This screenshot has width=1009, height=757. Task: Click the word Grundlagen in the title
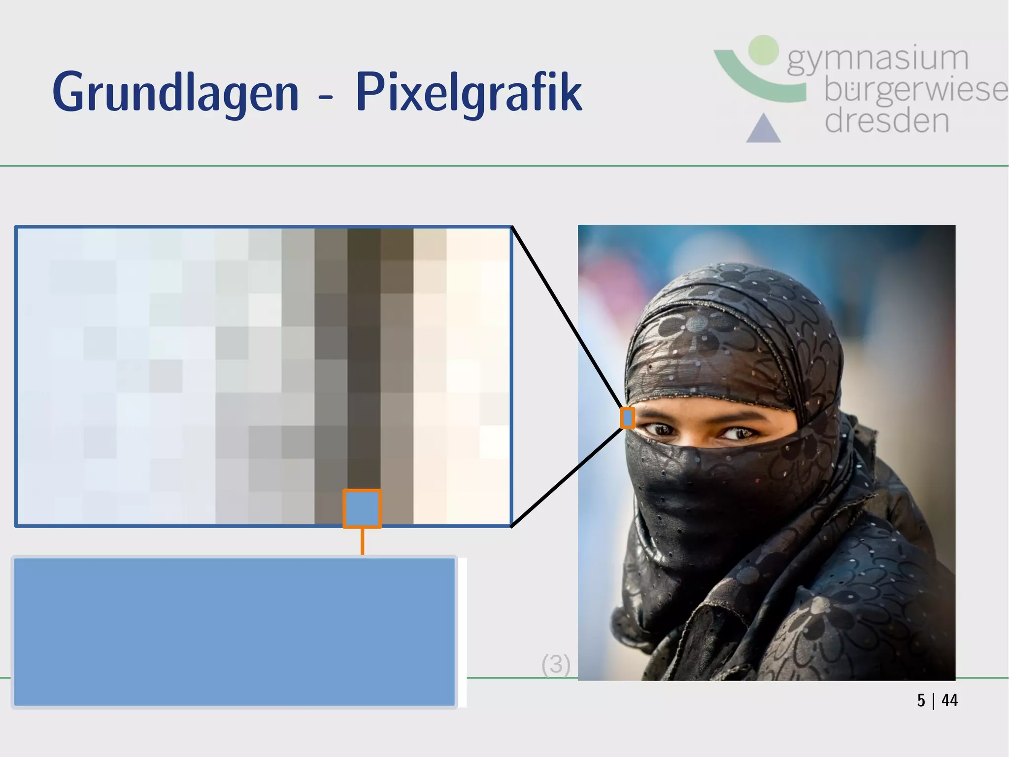pos(175,93)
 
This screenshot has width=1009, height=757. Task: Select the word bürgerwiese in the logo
pos(915,90)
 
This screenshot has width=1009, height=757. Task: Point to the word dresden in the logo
pos(887,121)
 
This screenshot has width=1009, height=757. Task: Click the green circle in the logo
pos(763,50)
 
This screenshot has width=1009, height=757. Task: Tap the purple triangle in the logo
pos(763,129)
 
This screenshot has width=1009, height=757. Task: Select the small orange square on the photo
pos(627,418)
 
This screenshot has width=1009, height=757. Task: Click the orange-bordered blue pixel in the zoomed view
pos(362,508)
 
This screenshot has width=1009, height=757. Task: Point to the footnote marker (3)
pos(556,664)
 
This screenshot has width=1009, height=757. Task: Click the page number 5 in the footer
pos(921,700)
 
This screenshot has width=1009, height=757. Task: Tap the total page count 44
pos(949,700)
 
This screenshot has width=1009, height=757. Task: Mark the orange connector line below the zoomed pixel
pos(362,541)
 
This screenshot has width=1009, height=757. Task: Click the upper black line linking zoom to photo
pos(567,316)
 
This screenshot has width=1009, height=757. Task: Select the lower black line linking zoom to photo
pos(567,477)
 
